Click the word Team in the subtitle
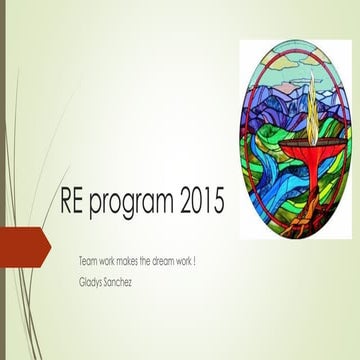(88, 260)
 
